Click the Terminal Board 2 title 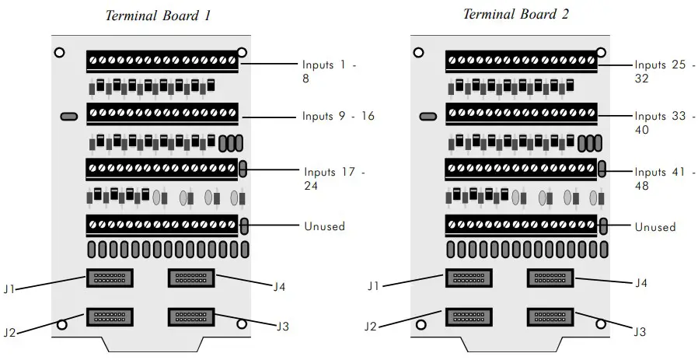click(x=511, y=14)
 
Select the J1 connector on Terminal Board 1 click(x=109, y=278)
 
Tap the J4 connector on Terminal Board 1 click(x=191, y=278)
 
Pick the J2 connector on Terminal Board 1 click(x=109, y=316)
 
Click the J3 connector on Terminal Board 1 click(x=191, y=316)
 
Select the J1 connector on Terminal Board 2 click(x=468, y=278)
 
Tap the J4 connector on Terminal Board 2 click(x=550, y=278)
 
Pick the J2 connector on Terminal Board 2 click(x=468, y=316)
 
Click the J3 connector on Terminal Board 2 click(x=550, y=316)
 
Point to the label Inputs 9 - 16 click(x=338, y=117)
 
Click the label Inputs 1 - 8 click(x=330, y=72)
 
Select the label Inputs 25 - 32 click(x=660, y=72)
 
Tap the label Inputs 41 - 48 click(x=660, y=179)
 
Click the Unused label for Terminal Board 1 click(x=323, y=226)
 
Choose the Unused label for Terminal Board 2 click(x=655, y=227)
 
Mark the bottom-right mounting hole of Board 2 click(x=601, y=324)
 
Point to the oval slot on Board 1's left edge click(x=68, y=117)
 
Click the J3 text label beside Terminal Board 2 click(x=640, y=332)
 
